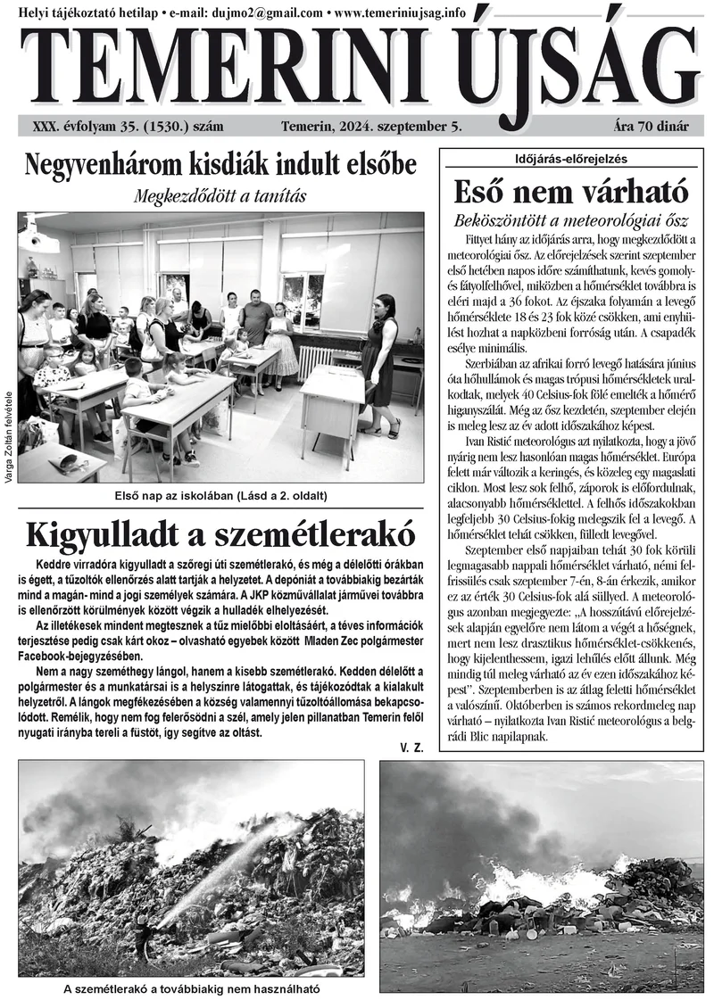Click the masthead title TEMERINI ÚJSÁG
(357, 64)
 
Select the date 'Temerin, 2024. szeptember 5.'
(370, 127)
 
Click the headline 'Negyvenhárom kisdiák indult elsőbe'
(220, 165)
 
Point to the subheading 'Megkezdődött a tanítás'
(220, 195)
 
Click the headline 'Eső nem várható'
(571, 192)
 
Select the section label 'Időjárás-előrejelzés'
(571, 159)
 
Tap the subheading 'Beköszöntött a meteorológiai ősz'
(571, 219)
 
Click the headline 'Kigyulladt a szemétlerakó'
(220, 533)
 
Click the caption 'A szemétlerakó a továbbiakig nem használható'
(191, 988)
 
